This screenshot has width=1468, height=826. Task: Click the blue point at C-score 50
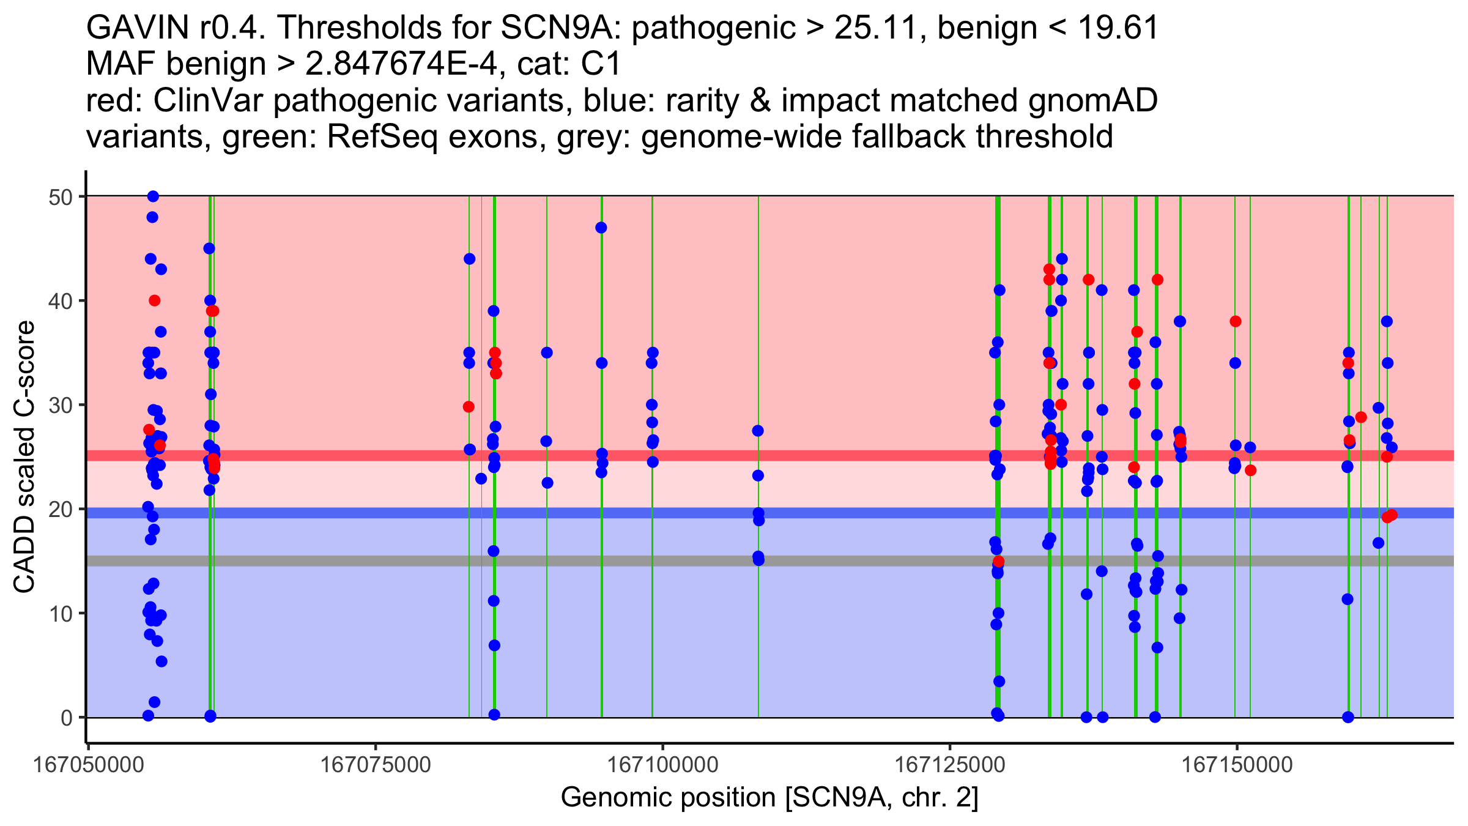tap(153, 196)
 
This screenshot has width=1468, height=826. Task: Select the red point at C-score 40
tap(154, 300)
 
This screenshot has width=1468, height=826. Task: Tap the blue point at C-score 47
tap(601, 228)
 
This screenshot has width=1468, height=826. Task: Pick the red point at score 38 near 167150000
tap(1236, 321)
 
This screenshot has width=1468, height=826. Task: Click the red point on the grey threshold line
tap(998, 561)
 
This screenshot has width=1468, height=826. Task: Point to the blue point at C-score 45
tap(209, 248)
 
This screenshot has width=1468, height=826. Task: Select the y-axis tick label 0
tap(66, 718)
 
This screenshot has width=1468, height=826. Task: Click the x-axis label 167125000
tap(950, 765)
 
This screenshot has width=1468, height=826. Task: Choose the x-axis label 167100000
tap(662, 765)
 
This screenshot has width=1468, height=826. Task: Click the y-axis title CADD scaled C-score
tap(24, 457)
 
